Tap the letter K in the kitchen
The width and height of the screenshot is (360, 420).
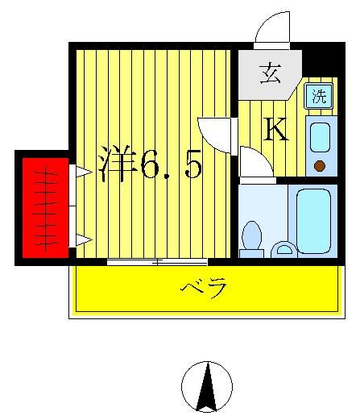tap(276, 129)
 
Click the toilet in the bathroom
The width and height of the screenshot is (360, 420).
tap(252, 239)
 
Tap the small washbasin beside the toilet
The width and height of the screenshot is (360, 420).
tap(283, 248)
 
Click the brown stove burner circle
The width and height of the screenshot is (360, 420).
tap(320, 166)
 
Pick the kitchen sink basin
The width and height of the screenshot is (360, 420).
tap(319, 137)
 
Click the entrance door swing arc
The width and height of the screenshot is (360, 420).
tap(271, 30)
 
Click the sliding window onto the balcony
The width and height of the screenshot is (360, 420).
tap(157, 260)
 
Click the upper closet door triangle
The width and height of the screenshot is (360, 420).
tap(82, 171)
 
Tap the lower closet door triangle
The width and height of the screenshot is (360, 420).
tap(82, 238)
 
